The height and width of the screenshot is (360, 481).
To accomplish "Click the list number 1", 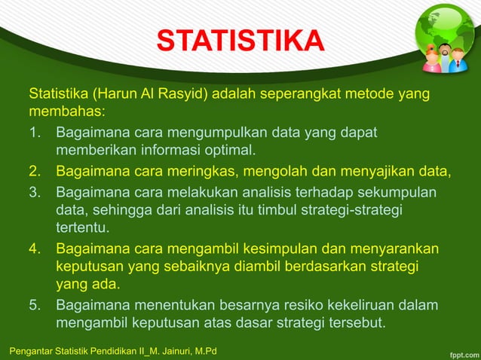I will [x=35, y=133].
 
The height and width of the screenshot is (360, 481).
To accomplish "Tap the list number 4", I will [x=35, y=249].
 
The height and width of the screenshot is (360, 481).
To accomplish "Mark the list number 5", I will [x=35, y=306].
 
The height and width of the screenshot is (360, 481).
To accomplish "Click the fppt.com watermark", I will [x=458, y=351].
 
